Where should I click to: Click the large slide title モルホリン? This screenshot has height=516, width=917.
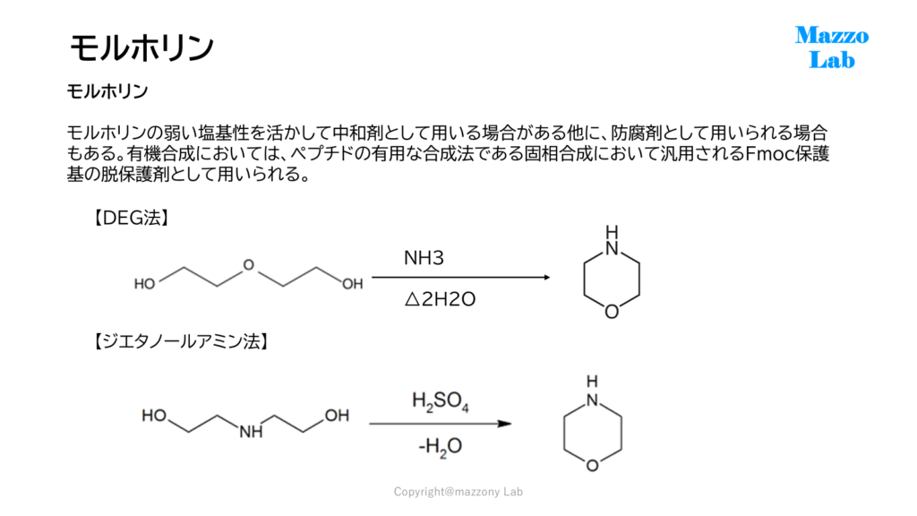pyautogui.click(x=141, y=47)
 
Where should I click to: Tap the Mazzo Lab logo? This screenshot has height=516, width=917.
pyautogui.click(x=832, y=47)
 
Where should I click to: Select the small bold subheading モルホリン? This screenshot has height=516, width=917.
pyautogui.click(x=107, y=91)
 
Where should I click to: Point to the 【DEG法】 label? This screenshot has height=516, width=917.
pyautogui.click(x=132, y=219)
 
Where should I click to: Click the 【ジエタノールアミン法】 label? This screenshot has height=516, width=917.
pyautogui.click(x=181, y=341)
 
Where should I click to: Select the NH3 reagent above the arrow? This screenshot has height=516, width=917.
pyautogui.click(x=424, y=257)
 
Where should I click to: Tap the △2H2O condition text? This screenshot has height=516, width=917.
pyautogui.click(x=440, y=299)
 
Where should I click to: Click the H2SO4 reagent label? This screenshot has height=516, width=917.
pyautogui.click(x=441, y=402)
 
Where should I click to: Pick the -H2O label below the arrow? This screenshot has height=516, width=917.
pyautogui.click(x=441, y=447)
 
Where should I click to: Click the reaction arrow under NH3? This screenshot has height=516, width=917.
pyautogui.click(x=461, y=278)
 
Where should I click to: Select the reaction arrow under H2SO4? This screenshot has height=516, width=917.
pyautogui.click(x=441, y=424)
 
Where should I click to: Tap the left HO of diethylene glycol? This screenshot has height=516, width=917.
pyautogui.click(x=144, y=284)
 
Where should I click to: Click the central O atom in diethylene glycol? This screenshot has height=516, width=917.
pyautogui.click(x=249, y=265)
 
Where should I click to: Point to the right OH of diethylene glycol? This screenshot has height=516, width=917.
pyautogui.click(x=353, y=284)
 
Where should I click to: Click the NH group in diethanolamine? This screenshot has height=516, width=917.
pyautogui.click(x=251, y=433)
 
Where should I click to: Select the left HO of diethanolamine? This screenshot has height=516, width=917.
pyautogui.click(x=154, y=416)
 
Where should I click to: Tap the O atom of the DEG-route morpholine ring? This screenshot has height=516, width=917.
pyautogui.click(x=612, y=312)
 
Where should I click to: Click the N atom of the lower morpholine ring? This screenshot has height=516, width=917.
pyautogui.click(x=593, y=400)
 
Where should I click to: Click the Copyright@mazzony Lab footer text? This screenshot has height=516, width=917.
pyautogui.click(x=458, y=492)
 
